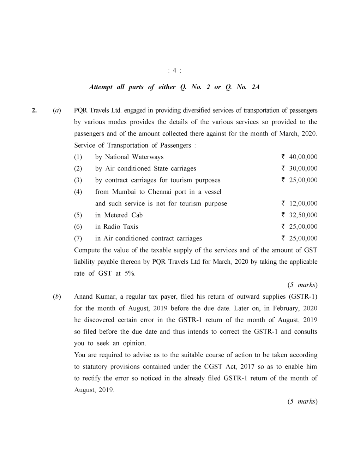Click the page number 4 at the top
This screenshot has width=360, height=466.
coord(175,71)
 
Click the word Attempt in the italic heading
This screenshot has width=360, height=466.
coord(101,87)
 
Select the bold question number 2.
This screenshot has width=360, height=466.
coord(34,110)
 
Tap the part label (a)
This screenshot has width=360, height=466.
coord(56,110)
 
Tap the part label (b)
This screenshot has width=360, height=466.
coord(56,297)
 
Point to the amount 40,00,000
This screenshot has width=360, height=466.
coord(303,157)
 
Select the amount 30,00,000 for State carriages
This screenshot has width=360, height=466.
coord(303,169)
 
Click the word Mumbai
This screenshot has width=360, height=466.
coord(124,192)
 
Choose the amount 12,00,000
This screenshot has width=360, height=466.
coord(303,204)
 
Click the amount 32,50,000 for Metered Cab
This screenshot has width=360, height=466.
coord(303,215)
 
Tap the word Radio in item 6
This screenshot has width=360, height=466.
coord(112,227)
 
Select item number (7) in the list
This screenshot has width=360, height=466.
coord(78,239)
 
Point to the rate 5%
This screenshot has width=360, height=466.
coord(130,274)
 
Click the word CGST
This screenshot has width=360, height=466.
coord(213,367)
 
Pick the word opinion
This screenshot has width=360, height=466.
coord(134,343)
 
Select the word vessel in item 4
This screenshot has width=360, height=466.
coord(213,192)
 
